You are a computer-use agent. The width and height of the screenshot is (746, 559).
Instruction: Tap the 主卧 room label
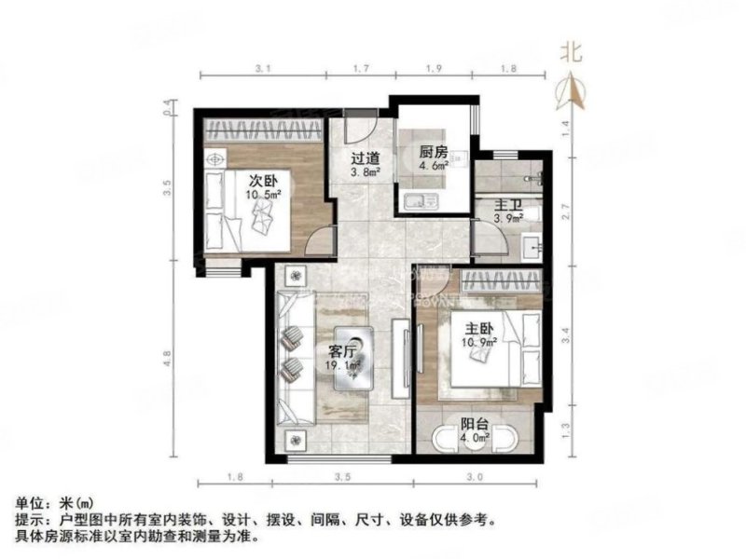pos(481,328)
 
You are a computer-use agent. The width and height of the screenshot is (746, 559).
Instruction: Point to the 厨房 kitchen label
pos(434,154)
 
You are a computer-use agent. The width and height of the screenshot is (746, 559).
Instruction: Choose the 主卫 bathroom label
pos(507,204)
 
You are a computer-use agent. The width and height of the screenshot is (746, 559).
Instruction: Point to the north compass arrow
pos(573,89)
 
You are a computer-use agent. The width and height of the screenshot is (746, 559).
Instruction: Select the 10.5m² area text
pos(265,195)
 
